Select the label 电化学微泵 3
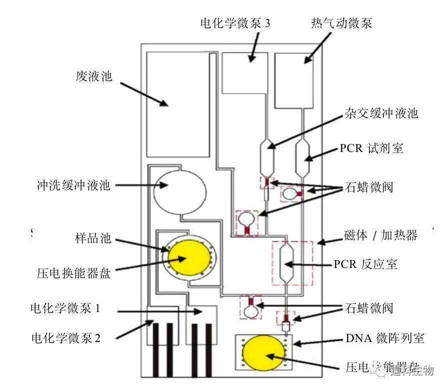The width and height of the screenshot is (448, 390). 235,23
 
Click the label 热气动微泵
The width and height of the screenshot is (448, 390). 341,23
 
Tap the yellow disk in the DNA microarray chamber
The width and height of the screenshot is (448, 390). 263,352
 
